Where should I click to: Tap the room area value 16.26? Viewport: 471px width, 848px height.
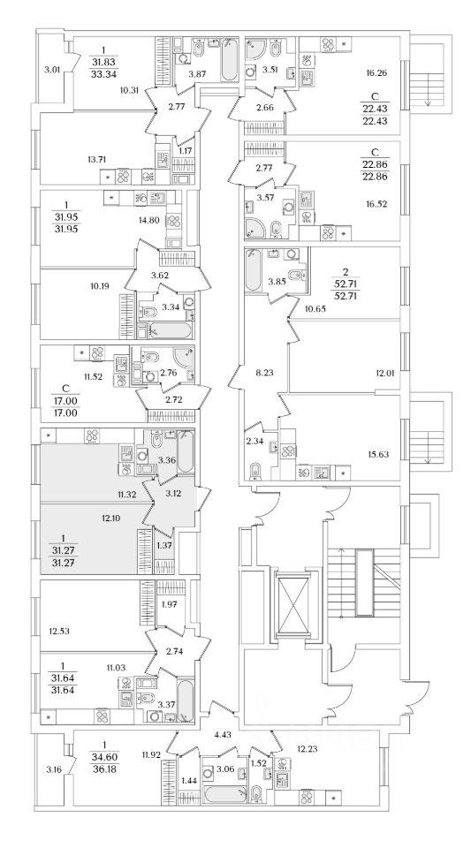pyautogui.click(x=376, y=72)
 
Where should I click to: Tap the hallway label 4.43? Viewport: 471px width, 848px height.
pyautogui.click(x=223, y=734)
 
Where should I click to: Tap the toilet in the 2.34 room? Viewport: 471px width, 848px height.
pyautogui.click(x=254, y=469)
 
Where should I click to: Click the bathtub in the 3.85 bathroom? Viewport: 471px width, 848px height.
pyautogui.click(x=253, y=269)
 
